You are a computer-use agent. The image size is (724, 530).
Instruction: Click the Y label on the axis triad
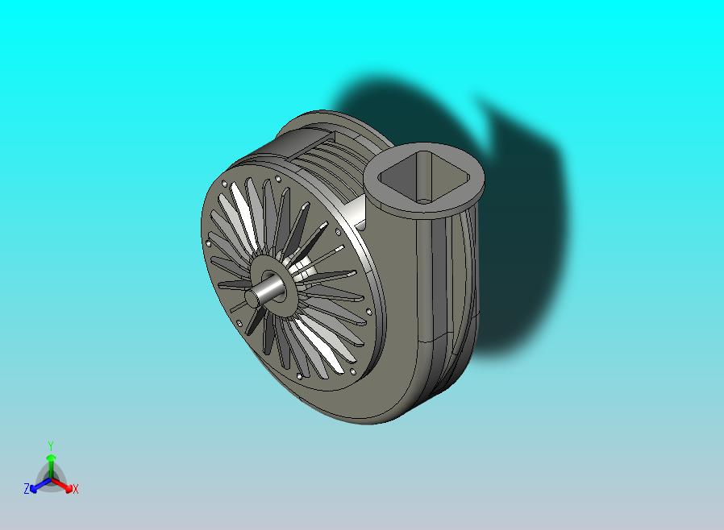tap(51, 445)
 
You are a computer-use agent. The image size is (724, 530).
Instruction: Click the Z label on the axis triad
tap(27, 488)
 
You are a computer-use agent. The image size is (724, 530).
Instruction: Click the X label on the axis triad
tap(76, 489)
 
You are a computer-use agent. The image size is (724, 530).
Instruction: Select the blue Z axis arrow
tap(40, 485)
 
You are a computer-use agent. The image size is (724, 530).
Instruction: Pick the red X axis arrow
tap(62, 484)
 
